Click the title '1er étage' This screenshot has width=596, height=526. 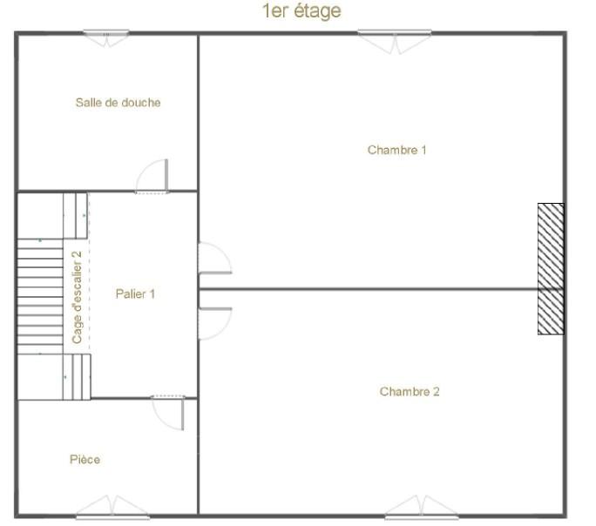point(301,11)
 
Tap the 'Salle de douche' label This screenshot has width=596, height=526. point(118,103)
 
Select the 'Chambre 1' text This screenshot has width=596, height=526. point(396,150)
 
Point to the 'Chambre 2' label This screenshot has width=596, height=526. point(410,392)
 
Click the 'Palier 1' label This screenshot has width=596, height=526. point(135,294)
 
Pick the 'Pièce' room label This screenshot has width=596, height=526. point(85,460)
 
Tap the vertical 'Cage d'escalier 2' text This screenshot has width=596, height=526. point(78,297)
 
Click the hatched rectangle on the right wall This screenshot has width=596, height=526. point(551,269)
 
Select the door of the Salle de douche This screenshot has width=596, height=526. point(152,176)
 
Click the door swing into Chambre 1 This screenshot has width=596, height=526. point(214,258)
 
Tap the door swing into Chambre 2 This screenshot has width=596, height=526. point(214,324)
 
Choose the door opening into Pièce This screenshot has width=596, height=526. point(168,413)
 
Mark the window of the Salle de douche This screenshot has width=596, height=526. point(106,37)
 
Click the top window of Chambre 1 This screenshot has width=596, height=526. point(395,41)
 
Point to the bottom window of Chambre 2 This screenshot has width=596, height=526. point(422,507)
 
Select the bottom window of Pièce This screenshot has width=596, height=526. point(112,507)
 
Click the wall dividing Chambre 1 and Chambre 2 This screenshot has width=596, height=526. point(368,289)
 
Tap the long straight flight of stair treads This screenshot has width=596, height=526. point(40,296)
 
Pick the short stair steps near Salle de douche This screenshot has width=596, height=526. point(75,216)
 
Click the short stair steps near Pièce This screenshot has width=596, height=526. point(77,377)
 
